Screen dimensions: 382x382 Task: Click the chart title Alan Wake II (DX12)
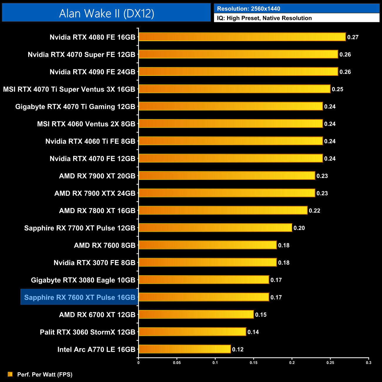[106, 14]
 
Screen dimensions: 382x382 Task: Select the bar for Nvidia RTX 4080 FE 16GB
[242, 37]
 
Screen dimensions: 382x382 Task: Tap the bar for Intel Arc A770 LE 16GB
[185, 349]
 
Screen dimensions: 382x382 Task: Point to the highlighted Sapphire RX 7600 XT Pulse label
[80, 297]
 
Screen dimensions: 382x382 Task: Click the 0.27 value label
[353, 37]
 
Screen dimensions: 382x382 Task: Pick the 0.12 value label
[238, 349]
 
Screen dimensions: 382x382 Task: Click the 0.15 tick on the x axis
[254, 363]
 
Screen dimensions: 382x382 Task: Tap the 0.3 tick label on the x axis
[368, 363]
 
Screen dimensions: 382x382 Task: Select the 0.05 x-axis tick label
[177, 363]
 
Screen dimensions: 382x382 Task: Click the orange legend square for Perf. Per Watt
[10, 374]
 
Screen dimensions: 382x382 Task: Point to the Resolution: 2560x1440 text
[249, 9]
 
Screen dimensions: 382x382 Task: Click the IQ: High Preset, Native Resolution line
[264, 18]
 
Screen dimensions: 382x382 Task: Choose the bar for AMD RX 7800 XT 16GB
[223, 210]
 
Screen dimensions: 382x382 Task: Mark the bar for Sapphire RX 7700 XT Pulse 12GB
[215, 228]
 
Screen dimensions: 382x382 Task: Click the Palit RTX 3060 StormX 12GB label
[88, 332]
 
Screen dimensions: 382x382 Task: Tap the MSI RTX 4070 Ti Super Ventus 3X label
[69, 89]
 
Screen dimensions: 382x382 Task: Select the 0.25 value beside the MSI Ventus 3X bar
[337, 89]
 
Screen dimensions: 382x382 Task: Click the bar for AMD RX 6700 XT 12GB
[196, 314]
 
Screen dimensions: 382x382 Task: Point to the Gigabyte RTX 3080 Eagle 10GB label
[83, 280]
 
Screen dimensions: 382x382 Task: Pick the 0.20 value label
[299, 228]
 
